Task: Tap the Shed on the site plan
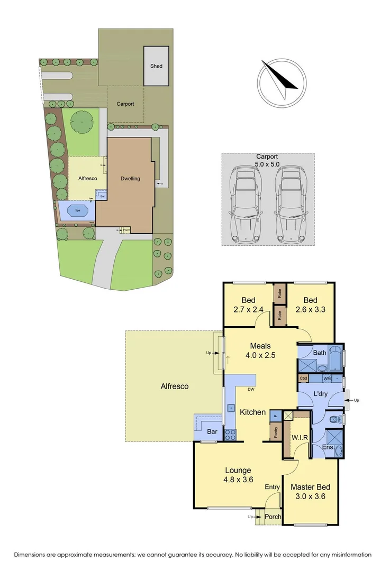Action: [156, 66]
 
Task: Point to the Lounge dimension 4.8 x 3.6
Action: [238, 480]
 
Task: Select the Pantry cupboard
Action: [276, 432]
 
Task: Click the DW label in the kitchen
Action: [251, 390]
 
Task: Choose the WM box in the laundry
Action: [327, 378]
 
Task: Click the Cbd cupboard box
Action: [303, 378]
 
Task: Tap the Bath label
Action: [319, 353]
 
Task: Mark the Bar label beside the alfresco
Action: [212, 432]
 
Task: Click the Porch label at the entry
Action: [274, 517]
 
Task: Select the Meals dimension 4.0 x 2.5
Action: [260, 356]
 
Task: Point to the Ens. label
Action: [328, 448]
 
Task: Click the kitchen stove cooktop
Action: [231, 435]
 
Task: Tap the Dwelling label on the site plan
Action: [130, 179]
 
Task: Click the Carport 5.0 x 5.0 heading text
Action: [267, 160]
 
